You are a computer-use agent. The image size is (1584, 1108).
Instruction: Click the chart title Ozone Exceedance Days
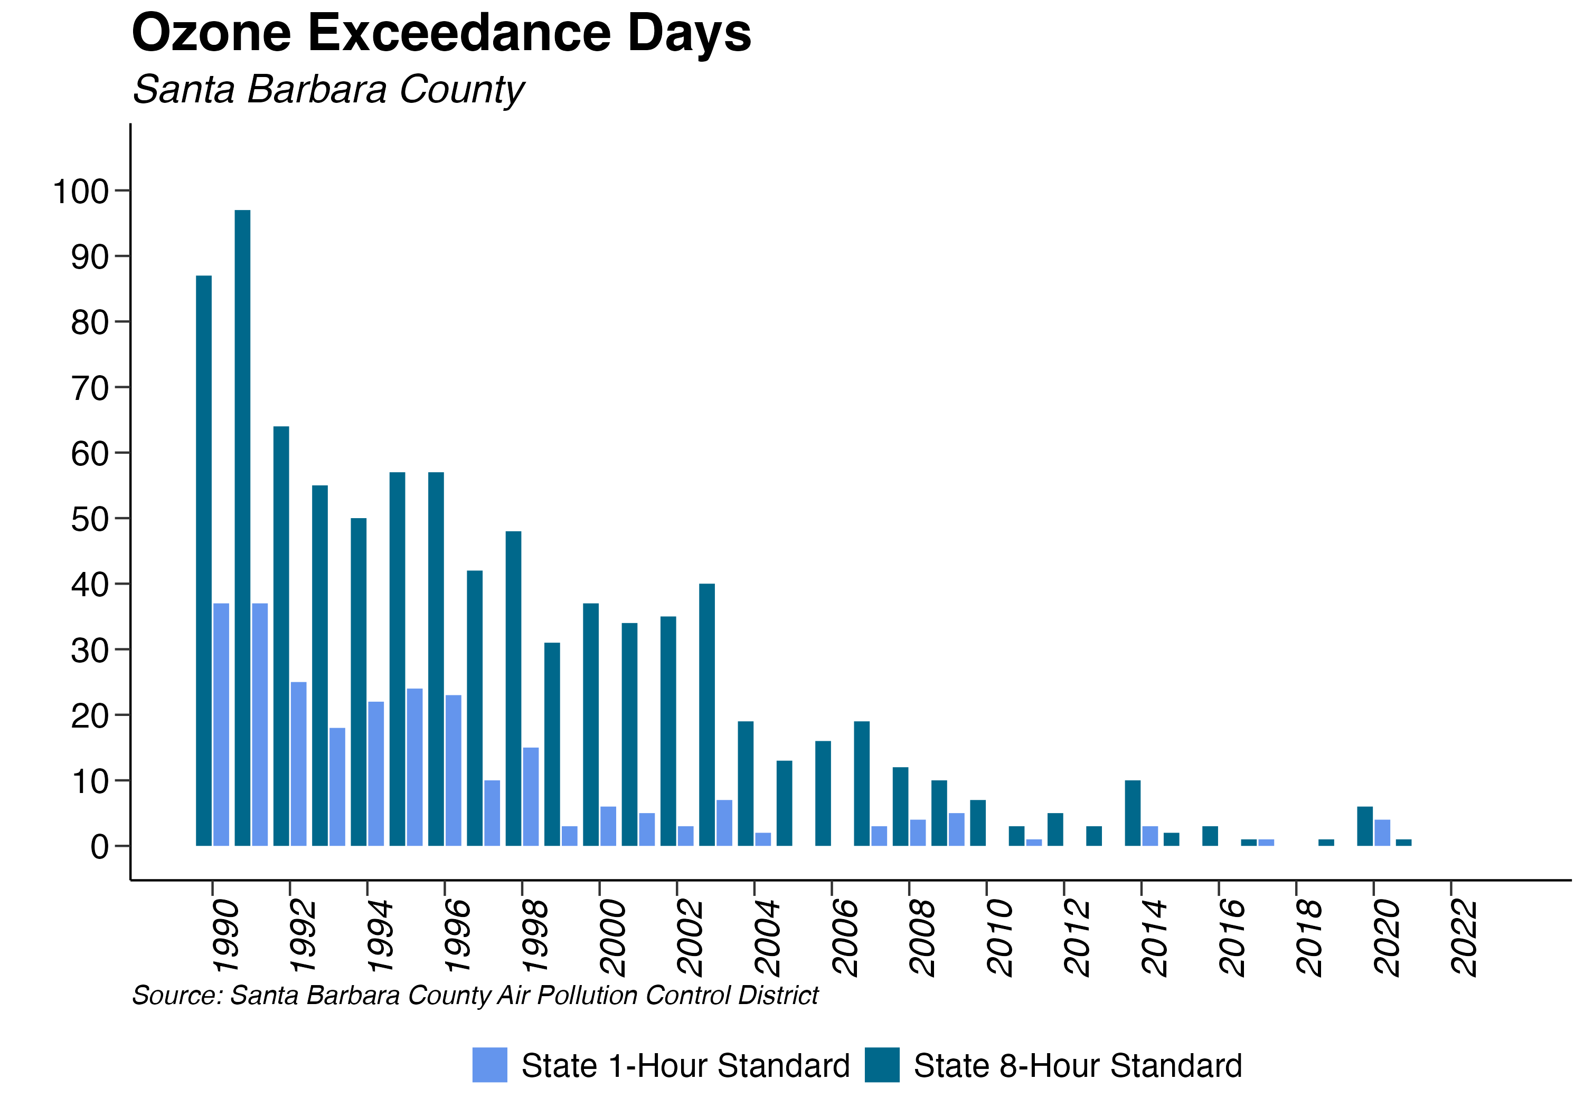click(x=441, y=33)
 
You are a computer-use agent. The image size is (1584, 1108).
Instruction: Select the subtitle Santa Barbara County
click(x=328, y=90)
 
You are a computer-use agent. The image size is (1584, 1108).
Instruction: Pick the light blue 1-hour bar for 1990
click(x=221, y=724)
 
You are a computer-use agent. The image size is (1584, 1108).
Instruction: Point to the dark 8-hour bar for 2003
click(x=706, y=714)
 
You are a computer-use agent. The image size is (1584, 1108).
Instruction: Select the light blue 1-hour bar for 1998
click(x=531, y=796)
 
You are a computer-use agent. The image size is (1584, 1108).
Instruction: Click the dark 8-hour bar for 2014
click(x=1132, y=813)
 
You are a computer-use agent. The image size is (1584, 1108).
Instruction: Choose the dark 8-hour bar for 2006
click(x=823, y=793)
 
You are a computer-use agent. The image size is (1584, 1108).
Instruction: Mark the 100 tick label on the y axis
click(x=81, y=192)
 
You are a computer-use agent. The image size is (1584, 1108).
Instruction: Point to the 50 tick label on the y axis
click(x=90, y=519)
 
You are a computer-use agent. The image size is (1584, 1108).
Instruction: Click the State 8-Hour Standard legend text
click(x=1077, y=1066)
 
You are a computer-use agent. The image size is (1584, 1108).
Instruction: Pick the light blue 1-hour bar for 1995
click(x=414, y=767)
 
